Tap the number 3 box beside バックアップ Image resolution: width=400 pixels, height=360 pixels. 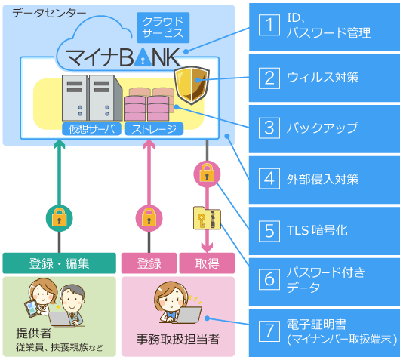(x=268, y=128)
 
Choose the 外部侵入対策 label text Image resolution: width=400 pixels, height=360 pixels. (x=322, y=179)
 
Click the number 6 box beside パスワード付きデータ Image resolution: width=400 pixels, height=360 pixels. (x=268, y=280)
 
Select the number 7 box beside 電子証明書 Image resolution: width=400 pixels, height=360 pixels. (x=268, y=331)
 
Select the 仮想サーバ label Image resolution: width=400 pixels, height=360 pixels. (x=92, y=129)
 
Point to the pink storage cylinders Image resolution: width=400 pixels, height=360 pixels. (x=149, y=103)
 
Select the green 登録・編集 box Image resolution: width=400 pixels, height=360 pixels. (x=59, y=263)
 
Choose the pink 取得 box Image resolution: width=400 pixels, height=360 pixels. (x=206, y=263)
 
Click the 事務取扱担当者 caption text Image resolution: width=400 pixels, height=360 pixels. (x=177, y=340)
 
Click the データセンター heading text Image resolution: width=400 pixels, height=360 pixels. (x=45, y=13)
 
